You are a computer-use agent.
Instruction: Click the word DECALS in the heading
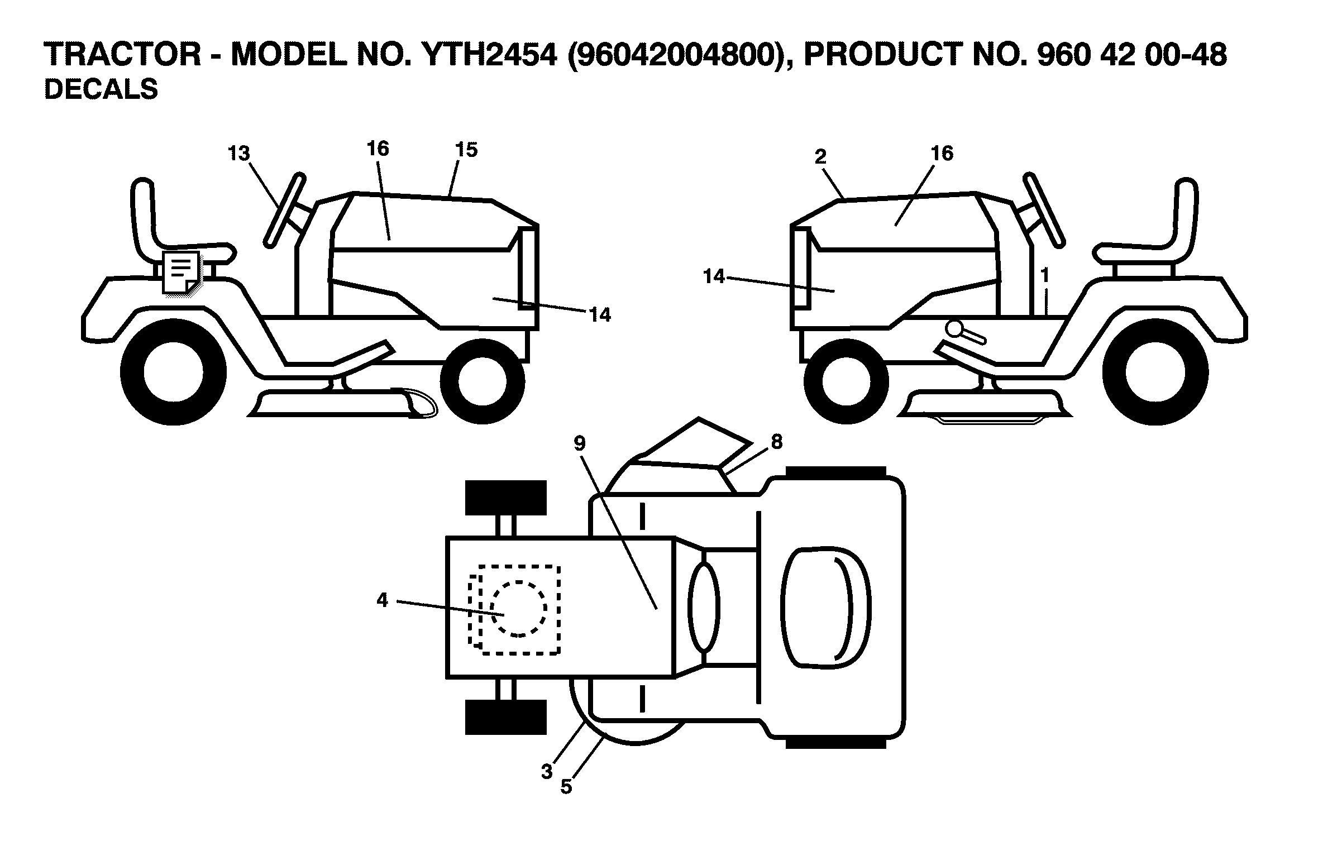click(x=101, y=89)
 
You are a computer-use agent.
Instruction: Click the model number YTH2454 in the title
click(x=489, y=55)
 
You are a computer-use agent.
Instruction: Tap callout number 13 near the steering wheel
click(x=238, y=154)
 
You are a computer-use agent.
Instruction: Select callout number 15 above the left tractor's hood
click(x=466, y=150)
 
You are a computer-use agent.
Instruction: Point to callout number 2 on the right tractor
click(x=820, y=157)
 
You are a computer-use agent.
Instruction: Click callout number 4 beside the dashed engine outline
click(x=382, y=600)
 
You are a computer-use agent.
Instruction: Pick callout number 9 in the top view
click(x=579, y=443)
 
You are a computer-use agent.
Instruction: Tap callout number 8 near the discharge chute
click(x=776, y=442)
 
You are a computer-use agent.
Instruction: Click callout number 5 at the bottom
click(x=566, y=787)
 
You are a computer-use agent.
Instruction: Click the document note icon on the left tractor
click(x=180, y=272)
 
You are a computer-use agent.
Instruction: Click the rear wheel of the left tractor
click(x=173, y=373)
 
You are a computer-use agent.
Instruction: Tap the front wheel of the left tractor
click(x=483, y=381)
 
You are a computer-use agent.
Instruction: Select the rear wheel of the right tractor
click(x=1155, y=373)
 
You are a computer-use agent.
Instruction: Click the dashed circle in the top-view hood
click(x=518, y=609)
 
